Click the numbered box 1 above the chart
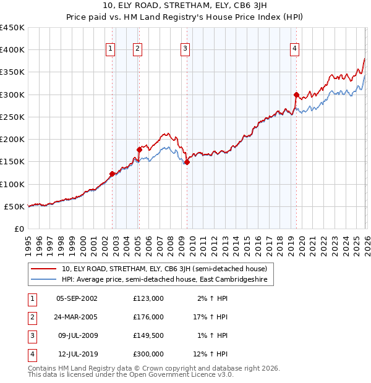(110, 49)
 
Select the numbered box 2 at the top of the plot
(137, 49)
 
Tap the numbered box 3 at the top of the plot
(185, 49)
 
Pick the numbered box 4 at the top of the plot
(295, 49)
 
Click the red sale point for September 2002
(112, 174)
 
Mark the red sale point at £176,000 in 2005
(140, 149)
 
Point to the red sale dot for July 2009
(187, 162)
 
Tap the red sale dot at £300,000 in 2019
(296, 95)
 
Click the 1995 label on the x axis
(28, 243)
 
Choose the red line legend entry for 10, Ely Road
(164, 269)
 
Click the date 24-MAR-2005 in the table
(77, 317)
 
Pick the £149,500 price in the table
(148, 335)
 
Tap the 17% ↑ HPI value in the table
(210, 317)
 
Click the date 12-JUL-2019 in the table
(77, 354)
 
